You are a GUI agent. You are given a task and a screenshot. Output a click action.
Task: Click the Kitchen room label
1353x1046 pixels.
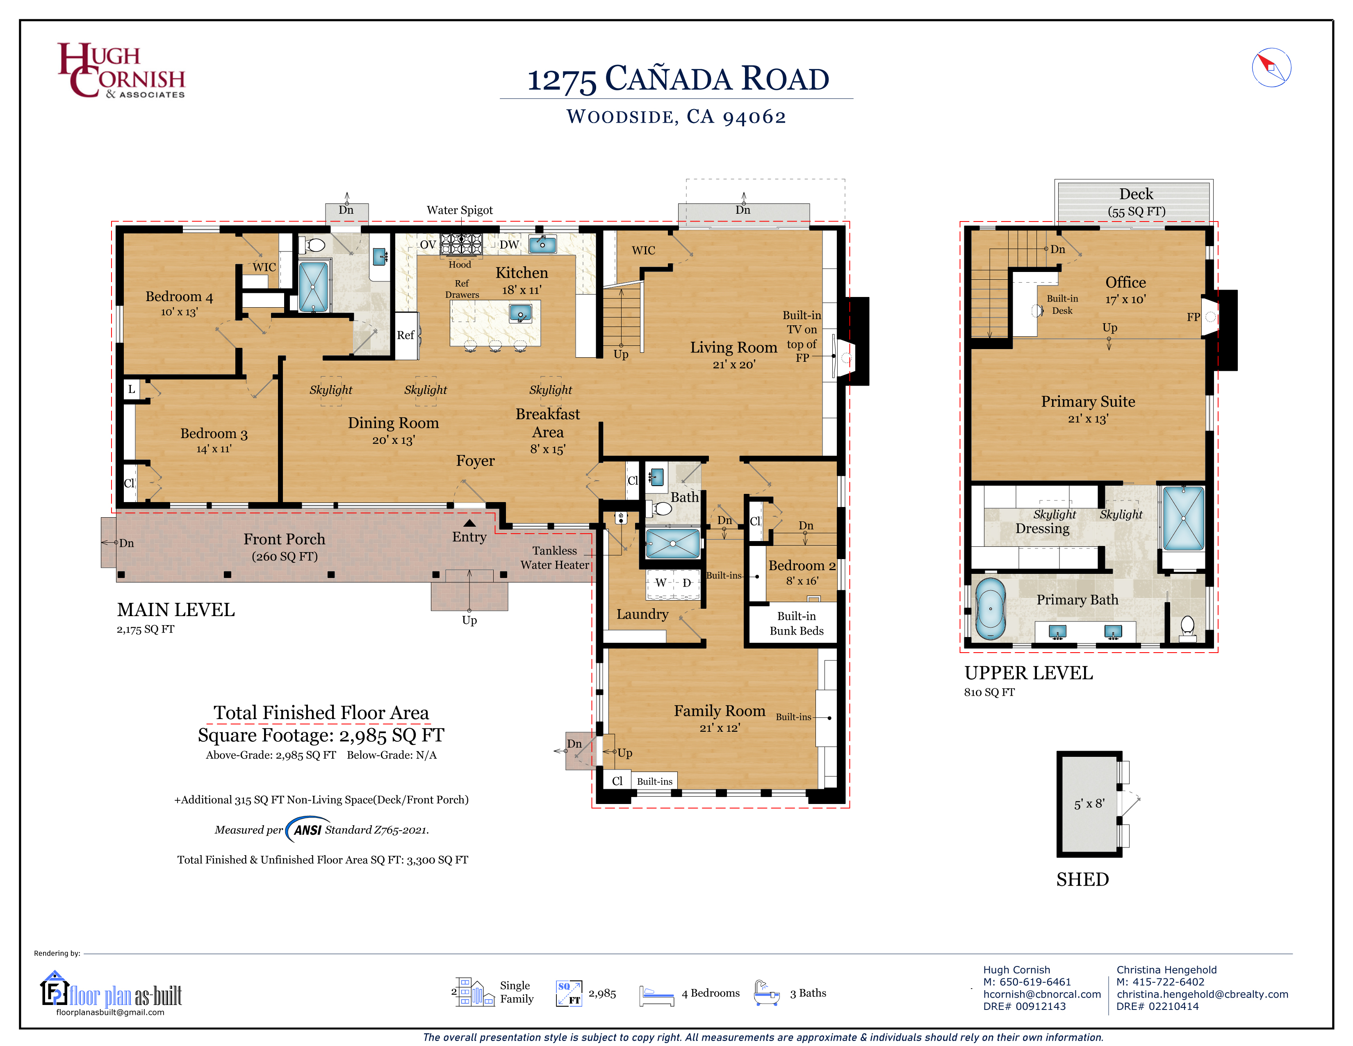522,273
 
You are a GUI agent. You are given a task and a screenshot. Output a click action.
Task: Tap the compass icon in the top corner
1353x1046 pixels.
1271,68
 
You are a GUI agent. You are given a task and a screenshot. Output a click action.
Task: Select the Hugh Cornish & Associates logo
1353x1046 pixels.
121,70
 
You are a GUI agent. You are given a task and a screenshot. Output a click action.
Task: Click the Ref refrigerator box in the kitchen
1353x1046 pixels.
406,335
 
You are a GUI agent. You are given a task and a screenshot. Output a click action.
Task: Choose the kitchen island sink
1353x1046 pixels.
520,313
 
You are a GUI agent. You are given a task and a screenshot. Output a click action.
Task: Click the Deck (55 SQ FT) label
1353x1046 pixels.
1136,202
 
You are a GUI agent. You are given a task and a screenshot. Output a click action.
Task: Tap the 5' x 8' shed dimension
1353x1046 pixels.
1089,804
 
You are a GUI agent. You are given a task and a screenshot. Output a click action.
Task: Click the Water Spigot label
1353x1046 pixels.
460,210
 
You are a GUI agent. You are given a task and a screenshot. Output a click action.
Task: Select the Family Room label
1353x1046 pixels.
719,711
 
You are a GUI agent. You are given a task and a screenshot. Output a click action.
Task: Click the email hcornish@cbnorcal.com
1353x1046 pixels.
1042,994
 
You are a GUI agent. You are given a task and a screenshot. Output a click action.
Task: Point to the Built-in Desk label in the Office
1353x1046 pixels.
1062,304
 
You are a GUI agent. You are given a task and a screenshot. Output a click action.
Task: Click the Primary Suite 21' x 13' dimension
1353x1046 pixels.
1088,419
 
